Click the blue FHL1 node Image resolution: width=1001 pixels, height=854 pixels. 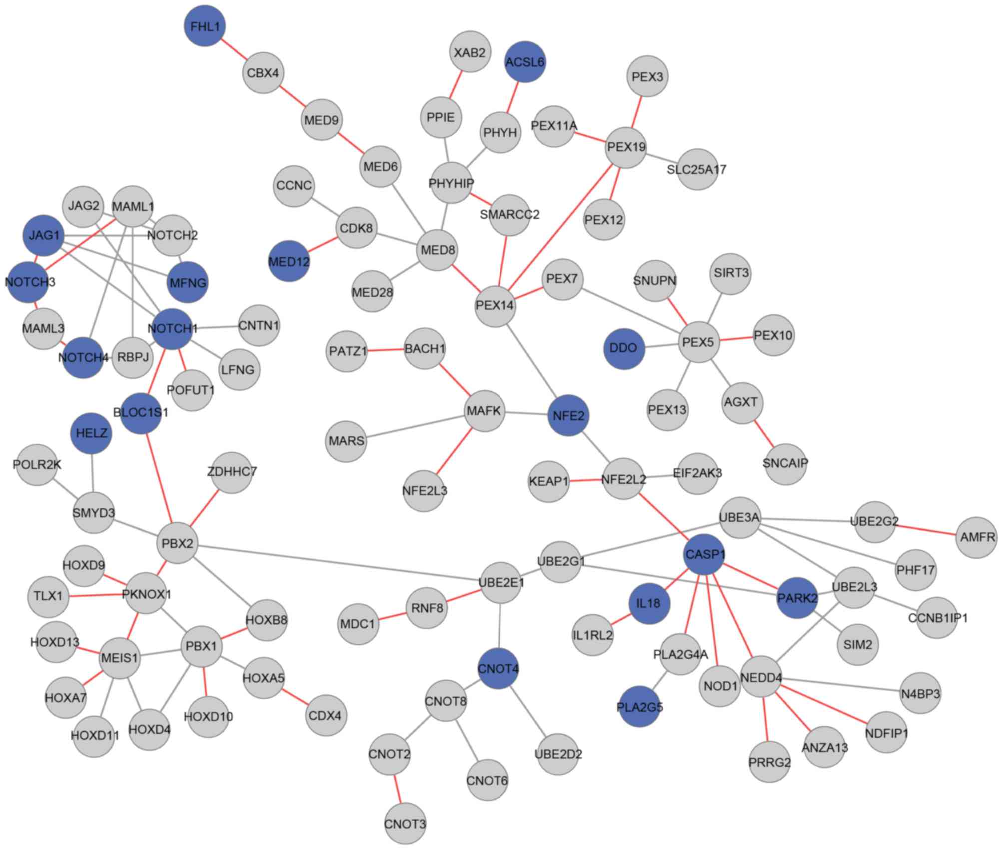coord(205,26)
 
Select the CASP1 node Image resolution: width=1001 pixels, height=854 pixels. coord(704,554)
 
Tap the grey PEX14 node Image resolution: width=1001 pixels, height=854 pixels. coord(495,305)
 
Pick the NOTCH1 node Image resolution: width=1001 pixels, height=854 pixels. coord(172,328)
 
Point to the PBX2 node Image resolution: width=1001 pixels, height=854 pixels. coord(177,543)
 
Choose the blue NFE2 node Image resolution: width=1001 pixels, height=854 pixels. coord(568,415)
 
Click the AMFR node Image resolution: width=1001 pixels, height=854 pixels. coord(977,537)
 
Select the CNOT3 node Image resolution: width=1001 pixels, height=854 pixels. coord(405,823)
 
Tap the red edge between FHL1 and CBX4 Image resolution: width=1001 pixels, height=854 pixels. coord(234,49)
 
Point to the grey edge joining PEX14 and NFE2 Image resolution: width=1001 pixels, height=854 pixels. coord(531,360)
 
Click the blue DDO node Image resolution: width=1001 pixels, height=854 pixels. coord(624,348)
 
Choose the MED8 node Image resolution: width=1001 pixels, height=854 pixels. coord(437,250)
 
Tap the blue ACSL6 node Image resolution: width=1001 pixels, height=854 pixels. coord(525,62)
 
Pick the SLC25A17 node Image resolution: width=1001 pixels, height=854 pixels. coord(697,169)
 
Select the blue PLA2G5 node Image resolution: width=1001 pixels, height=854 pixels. coord(640,707)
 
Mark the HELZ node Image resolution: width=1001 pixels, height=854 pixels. coord(92,433)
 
